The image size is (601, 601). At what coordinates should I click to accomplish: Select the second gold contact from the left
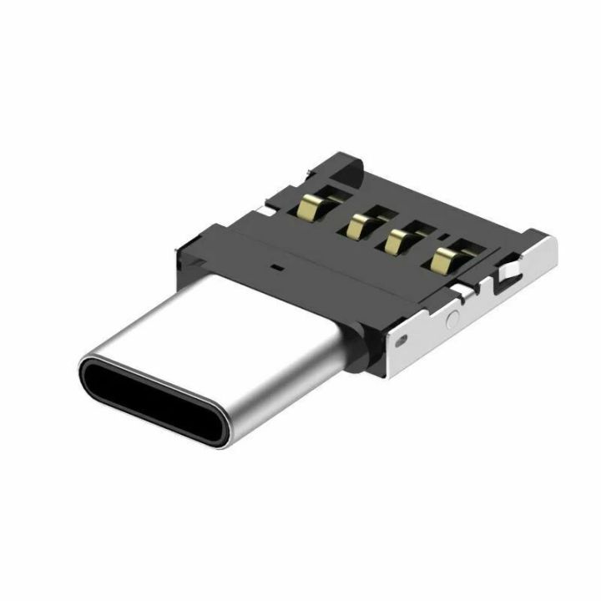click(x=358, y=223)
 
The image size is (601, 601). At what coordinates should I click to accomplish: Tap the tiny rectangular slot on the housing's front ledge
click(x=275, y=270)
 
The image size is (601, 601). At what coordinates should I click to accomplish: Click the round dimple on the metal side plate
click(x=452, y=319)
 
